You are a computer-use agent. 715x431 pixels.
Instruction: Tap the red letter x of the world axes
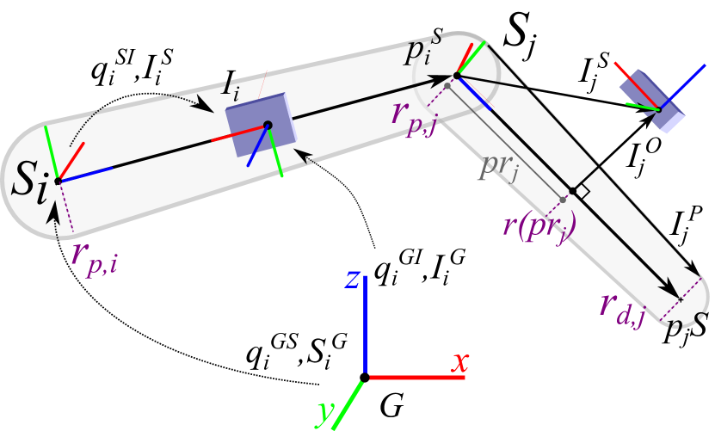459,363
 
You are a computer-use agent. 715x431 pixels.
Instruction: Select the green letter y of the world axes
325,414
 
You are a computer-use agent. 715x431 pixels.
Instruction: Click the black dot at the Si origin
58,181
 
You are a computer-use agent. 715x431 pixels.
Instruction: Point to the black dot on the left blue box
268,126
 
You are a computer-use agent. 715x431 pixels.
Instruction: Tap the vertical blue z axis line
367,327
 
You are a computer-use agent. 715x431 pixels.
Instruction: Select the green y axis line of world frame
348,404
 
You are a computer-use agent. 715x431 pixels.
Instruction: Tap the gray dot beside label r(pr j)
563,200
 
